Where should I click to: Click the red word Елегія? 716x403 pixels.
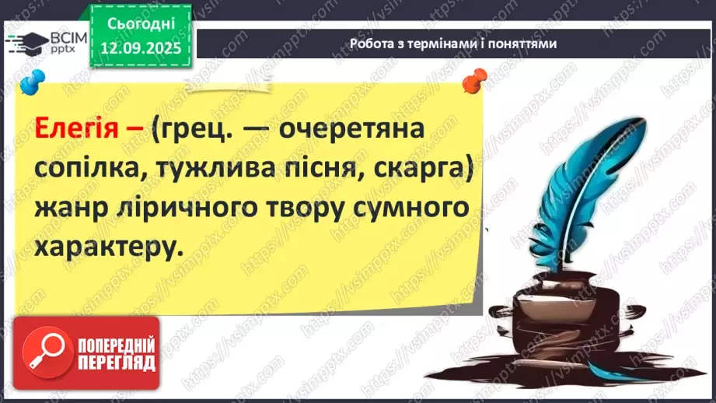click(x=77, y=128)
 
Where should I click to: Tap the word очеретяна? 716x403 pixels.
click(x=351, y=129)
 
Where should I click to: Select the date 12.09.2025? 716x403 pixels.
click(x=141, y=48)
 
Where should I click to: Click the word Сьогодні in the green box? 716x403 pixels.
click(x=141, y=24)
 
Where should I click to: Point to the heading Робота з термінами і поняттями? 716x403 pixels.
click(x=453, y=44)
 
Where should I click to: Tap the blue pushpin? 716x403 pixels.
click(x=33, y=82)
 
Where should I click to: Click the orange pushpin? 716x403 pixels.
click(x=474, y=81)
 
